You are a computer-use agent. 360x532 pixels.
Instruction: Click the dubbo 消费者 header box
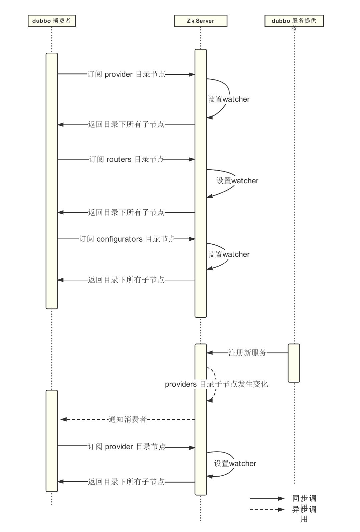coord(52,21)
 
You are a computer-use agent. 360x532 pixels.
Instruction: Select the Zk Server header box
coord(200,21)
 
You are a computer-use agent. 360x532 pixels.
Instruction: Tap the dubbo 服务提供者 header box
coord(294,21)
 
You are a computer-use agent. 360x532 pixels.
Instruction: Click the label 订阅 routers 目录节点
coord(127,159)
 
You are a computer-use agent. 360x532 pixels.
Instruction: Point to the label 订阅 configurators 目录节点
coord(127,239)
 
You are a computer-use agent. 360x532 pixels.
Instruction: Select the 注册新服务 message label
coord(247,352)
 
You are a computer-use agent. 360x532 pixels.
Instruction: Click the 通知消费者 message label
coord(128,420)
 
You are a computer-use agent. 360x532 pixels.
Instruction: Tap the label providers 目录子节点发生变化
coord(216,384)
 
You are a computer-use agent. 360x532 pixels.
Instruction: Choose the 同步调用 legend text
coord(304,499)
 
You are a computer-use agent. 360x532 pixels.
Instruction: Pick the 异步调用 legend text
coord(304,510)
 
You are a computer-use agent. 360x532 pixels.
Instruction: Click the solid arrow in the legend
coord(267,499)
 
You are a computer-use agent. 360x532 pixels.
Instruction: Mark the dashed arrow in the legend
coord(267,510)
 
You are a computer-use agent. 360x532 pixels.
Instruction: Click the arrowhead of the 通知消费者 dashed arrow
coord(63,420)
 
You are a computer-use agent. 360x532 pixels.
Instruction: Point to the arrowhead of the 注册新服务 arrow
coord(209,352)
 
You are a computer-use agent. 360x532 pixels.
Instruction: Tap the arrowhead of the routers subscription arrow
coord(192,159)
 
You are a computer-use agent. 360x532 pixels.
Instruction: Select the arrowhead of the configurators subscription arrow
coord(192,239)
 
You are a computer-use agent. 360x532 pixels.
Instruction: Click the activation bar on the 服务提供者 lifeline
coord(294,363)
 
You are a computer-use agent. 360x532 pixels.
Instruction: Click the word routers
coord(119,159)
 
